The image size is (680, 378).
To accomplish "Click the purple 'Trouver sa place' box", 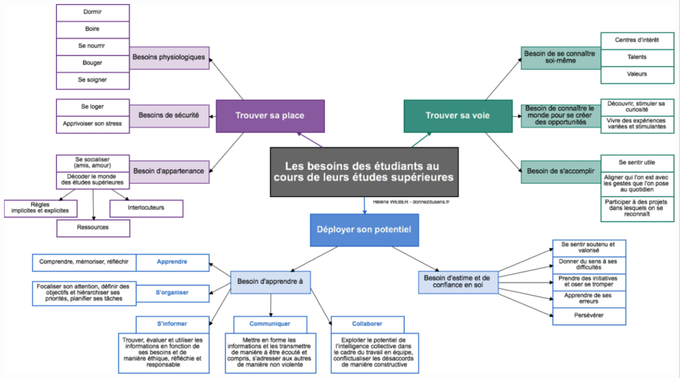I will [270, 116].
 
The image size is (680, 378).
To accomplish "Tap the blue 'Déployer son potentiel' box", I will [365, 230].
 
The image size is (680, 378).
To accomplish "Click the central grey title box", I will [364, 172].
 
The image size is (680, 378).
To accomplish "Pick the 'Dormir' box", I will [93, 13].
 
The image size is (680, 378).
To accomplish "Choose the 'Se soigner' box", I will [93, 80].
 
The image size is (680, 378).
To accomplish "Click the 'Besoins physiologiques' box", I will [169, 57].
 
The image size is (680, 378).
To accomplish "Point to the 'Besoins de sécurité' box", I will [169, 115].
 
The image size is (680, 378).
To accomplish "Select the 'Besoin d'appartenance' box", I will [169, 170].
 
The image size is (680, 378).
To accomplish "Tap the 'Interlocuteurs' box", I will [146, 208].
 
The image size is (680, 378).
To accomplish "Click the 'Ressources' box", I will [93, 227].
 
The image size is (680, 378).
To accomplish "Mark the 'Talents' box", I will [637, 57].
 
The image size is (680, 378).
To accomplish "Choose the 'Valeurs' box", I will [637, 74].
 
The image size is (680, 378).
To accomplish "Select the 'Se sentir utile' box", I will [637, 162].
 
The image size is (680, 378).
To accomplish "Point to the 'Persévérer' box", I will [589, 316].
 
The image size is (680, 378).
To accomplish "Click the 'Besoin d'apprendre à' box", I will [270, 282].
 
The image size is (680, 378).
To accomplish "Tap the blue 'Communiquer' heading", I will [270, 324].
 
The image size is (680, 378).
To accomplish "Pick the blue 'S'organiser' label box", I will [172, 292].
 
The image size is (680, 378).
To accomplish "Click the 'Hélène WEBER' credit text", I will [410, 201].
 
